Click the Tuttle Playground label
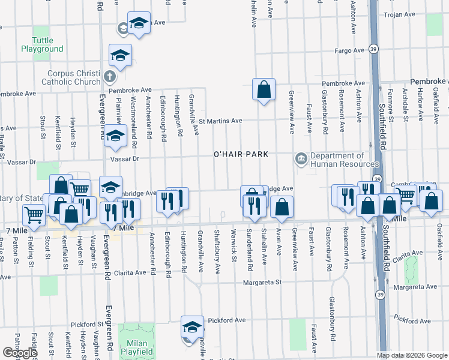coord(43,44)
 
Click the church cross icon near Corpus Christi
coord(109,77)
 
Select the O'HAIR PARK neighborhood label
coord(241,155)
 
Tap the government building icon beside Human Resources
coord(300,159)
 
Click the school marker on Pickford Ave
coord(192,327)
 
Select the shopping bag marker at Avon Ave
coord(281,207)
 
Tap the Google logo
coord(20,353)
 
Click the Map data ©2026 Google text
coord(412,355)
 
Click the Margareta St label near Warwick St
coord(262,282)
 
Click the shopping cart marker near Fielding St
coord(34,214)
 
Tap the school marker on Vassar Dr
coord(114,137)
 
